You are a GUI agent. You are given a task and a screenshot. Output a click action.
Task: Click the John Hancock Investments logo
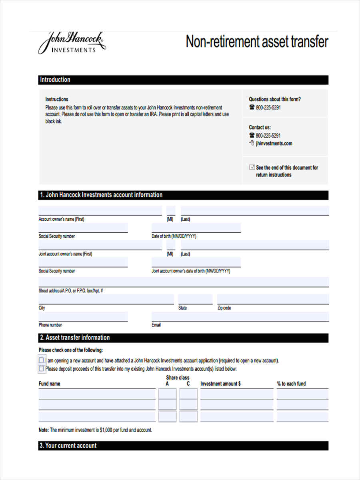pyautogui.click(x=72, y=43)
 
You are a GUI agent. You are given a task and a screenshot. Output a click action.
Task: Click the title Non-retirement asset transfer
pyautogui.click(x=257, y=42)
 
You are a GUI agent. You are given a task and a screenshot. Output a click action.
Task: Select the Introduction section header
pyautogui.click(x=55, y=80)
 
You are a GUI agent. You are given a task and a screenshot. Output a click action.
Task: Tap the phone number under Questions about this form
pyautogui.click(x=268, y=107)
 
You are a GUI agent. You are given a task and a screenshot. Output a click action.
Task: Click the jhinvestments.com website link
pyautogui.click(x=274, y=143)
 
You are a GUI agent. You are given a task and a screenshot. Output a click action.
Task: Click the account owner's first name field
pyautogui.click(x=100, y=210)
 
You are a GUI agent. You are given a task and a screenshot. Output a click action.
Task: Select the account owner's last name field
pyautogui.click(x=254, y=210)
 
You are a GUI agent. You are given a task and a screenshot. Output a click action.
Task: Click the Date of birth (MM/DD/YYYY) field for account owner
pyautogui.click(x=196, y=228)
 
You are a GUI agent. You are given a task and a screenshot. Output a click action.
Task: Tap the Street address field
pyautogui.click(x=183, y=282)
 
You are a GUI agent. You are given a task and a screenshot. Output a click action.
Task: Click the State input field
pyautogui.click(x=195, y=299)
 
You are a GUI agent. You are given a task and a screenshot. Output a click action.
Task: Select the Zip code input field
pyautogui.click(x=273, y=299)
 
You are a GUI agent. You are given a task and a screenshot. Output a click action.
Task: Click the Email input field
pyautogui.click(x=240, y=316)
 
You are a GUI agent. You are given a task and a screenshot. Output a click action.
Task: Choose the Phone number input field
pyautogui.click(x=83, y=316)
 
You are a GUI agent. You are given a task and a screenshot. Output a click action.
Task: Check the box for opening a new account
pyautogui.click(x=41, y=360)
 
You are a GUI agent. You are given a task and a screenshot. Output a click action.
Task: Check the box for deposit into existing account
pyautogui.click(x=41, y=368)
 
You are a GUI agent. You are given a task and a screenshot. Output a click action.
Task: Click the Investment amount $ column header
pyautogui.click(x=220, y=384)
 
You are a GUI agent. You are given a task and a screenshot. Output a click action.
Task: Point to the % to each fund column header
pyautogui.click(x=291, y=384)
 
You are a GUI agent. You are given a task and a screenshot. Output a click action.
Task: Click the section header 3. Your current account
pyautogui.click(x=68, y=446)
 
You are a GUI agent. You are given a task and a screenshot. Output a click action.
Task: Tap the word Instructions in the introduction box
pyautogui.click(x=56, y=99)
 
